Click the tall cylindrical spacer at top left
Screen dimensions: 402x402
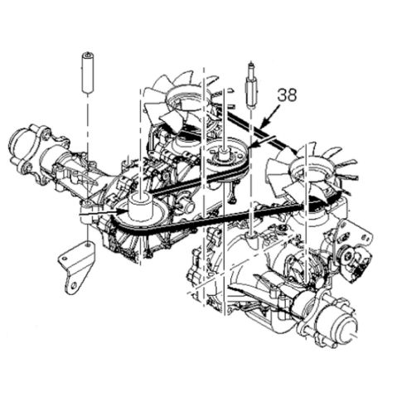tap(86, 75)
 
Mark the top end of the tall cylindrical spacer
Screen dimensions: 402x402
tap(86, 56)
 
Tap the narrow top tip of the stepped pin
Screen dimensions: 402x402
tap(250, 65)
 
